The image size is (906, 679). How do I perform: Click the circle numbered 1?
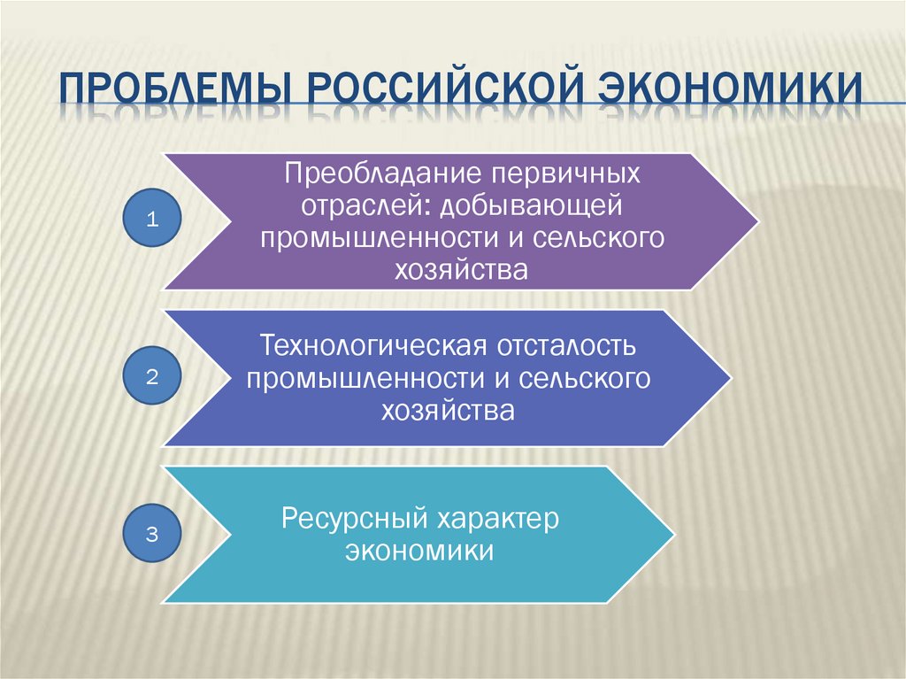click(152, 220)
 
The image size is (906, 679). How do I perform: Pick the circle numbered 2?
click(152, 376)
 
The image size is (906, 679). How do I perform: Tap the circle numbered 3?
click(152, 533)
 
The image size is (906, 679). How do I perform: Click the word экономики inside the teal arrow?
click(419, 551)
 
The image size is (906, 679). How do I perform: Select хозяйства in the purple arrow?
click(461, 269)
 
